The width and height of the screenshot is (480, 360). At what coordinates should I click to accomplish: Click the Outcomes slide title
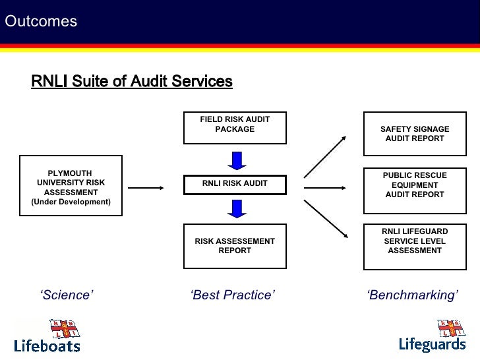(x=41, y=22)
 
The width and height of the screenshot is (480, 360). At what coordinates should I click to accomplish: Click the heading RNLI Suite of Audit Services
(x=132, y=81)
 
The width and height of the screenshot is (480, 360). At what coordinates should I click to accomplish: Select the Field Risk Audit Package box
(x=235, y=127)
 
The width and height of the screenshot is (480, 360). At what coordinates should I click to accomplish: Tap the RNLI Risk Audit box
(x=235, y=183)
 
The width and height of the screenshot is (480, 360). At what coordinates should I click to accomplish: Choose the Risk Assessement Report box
(x=235, y=246)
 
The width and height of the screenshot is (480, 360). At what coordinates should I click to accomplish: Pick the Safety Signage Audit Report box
(x=415, y=134)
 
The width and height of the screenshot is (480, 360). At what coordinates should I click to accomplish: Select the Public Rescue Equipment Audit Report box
(x=415, y=185)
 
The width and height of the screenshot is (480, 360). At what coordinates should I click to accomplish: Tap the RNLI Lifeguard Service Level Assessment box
(x=415, y=241)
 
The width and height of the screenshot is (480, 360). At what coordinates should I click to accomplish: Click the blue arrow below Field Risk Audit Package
(x=235, y=160)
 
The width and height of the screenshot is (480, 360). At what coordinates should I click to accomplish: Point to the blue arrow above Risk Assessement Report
(x=235, y=208)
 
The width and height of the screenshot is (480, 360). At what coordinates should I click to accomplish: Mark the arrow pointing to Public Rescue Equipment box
(x=327, y=187)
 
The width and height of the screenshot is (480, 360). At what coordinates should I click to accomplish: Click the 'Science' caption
(x=67, y=295)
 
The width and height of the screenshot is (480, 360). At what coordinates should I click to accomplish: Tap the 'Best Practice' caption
(x=232, y=295)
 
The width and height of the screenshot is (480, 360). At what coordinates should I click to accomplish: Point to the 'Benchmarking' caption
(x=412, y=295)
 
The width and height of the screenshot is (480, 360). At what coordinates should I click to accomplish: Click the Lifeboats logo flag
(x=64, y=328)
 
